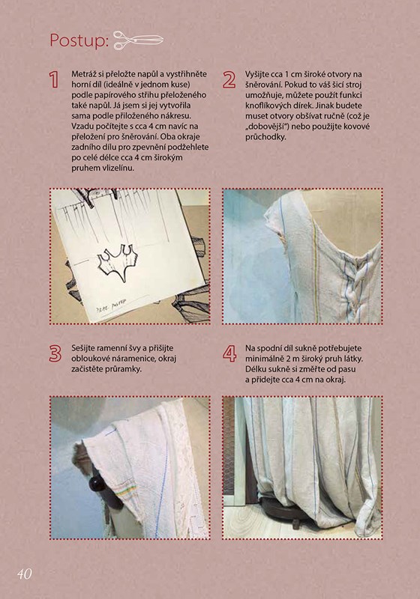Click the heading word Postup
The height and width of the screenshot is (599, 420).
click(79, 40)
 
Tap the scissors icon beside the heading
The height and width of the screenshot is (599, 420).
click(139, 40)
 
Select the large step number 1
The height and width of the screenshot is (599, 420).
click(54, 79)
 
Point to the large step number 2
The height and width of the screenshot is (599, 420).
click(229, 80)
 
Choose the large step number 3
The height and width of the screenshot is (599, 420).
click(55, 353)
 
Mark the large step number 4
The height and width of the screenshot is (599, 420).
click(229, 353)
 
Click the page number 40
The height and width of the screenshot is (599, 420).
click(24, 574)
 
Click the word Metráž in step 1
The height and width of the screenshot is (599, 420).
click(84, 73)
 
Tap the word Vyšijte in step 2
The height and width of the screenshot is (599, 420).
click(257, 74)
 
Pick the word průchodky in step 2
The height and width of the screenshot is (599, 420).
click(265, 137)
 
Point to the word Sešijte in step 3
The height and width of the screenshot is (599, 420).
click(83, 348)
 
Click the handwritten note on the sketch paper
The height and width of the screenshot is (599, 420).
click(110, 306)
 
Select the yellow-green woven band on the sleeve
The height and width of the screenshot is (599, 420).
click(125, 492)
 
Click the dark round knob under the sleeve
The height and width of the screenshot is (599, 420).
click(97, 484)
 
